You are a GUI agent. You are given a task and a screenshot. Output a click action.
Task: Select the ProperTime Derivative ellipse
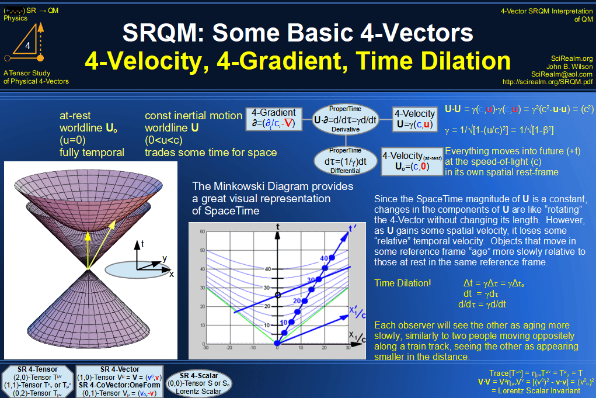point(345,119)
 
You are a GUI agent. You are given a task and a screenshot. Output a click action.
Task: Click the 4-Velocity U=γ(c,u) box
point(414,119)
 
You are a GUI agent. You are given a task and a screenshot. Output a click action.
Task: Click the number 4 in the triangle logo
point(27,46)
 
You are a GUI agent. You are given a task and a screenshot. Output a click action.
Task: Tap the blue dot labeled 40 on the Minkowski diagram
point(332,257)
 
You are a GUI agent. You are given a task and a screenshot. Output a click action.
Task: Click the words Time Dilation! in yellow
point(402,283)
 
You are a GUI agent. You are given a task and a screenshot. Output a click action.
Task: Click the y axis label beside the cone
point(165,258)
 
